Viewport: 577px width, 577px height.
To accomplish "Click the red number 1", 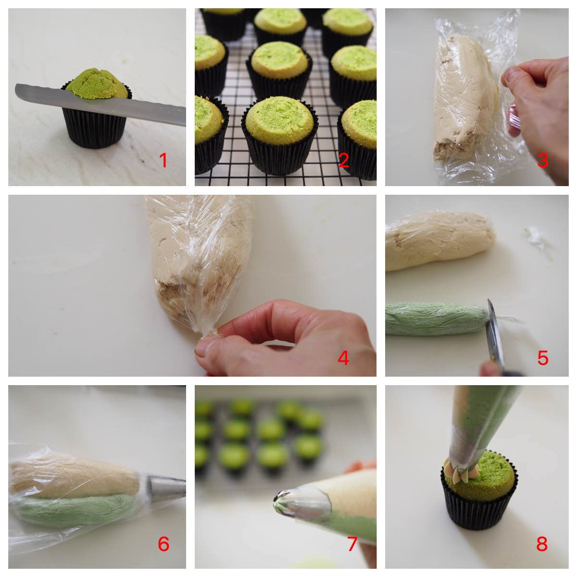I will point(163,160).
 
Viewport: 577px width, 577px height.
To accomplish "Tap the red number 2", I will point(343,160).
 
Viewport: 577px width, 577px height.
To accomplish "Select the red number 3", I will point(542,160).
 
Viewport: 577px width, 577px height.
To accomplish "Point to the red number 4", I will point(343,358).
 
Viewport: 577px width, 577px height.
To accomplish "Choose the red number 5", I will point(542,358).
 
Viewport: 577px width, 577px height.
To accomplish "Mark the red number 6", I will point(163,544).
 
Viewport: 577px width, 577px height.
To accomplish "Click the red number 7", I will point(352,544).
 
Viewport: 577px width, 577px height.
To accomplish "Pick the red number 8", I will point(542,544).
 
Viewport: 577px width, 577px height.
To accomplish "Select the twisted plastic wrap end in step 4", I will point(208,331).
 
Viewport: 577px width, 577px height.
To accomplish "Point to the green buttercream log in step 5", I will point(433,319).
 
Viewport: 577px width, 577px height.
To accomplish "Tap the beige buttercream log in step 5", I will point(438,240).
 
